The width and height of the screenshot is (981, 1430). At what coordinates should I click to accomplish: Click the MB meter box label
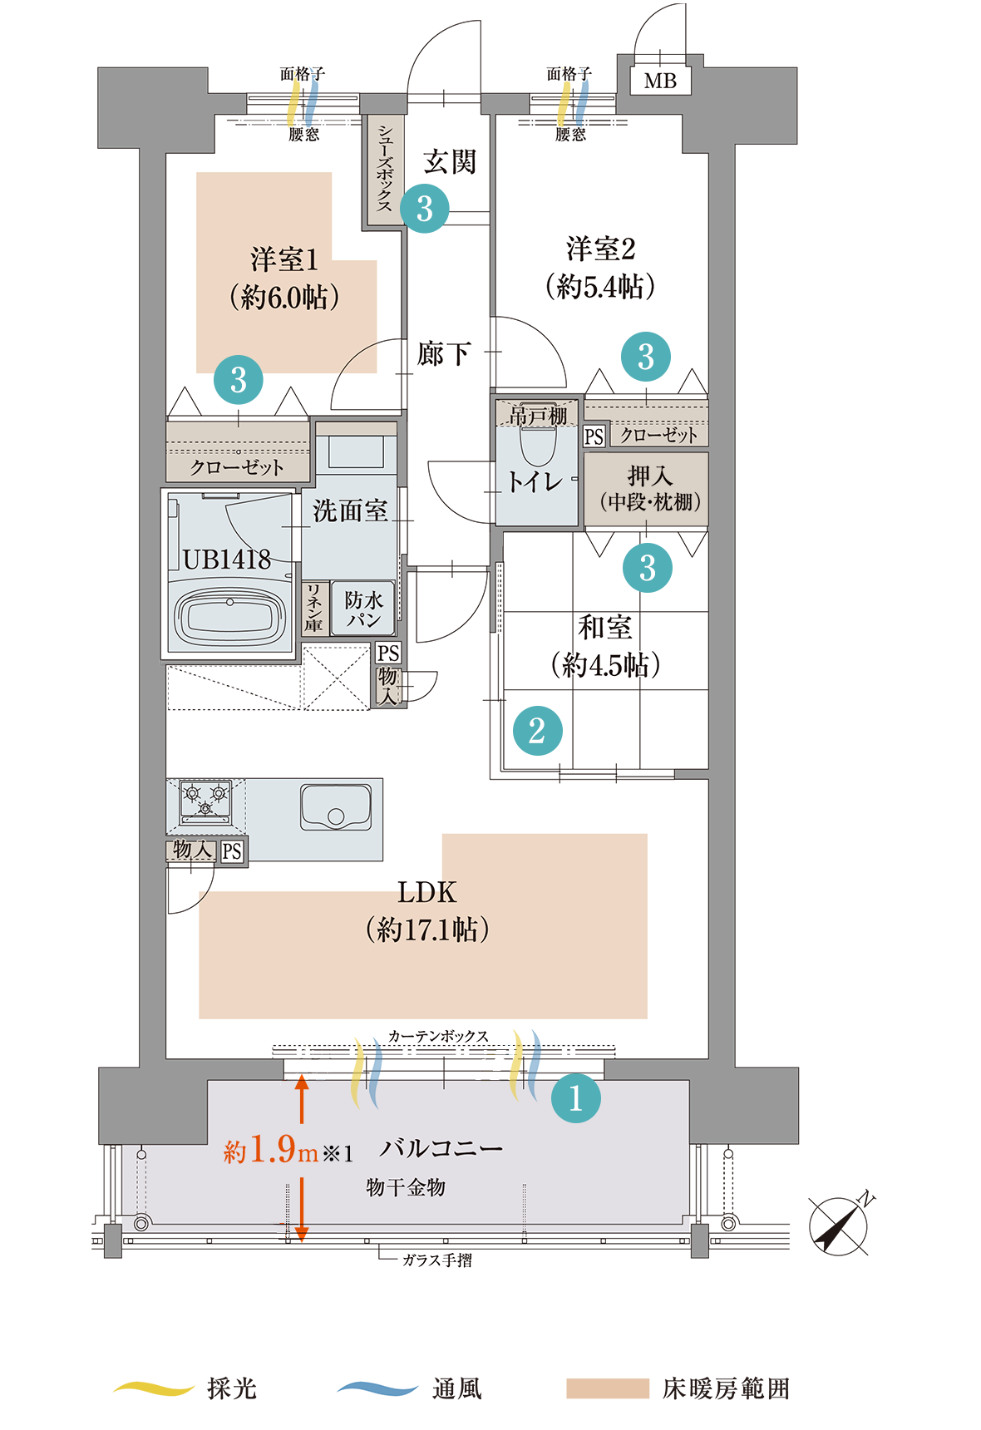pyautogui.click(x=660, y=81)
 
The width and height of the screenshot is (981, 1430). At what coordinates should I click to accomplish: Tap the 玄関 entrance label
pyautogui.click(x=449, y=161)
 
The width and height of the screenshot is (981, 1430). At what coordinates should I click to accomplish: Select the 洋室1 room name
pyautogui.click(x=284, y=259)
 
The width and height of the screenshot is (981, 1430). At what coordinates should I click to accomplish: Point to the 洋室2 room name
pyautogui.click(x=600, y=249)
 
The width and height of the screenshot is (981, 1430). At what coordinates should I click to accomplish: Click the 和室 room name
pyautogui.click(x=605, y=627)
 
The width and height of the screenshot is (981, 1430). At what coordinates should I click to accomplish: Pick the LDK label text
pyautogui.click(x=426, y=892)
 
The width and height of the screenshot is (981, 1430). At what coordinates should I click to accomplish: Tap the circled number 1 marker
pyautogui.click(x=575, y=1098)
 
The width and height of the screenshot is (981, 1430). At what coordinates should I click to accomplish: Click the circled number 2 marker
pyautogui.click(x=537, y=731)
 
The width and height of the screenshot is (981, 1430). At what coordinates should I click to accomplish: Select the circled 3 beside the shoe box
pyautogui.click(x=425, y=209)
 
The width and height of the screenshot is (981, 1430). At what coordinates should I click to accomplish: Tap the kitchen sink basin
pyautogui.click(x=336, y=806)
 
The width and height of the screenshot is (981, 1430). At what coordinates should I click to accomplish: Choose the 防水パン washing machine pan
pyautogui.click(x=363, y=609)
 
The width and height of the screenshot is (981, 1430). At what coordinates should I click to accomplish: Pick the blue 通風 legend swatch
pyautogui.click(x=377, y=1388)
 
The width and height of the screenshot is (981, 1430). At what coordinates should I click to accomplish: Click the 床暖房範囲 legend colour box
pyautogui.click(x=608, y=1388)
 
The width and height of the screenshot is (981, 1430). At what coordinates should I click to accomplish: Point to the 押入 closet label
pyautogui.click(x=649, y=476)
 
